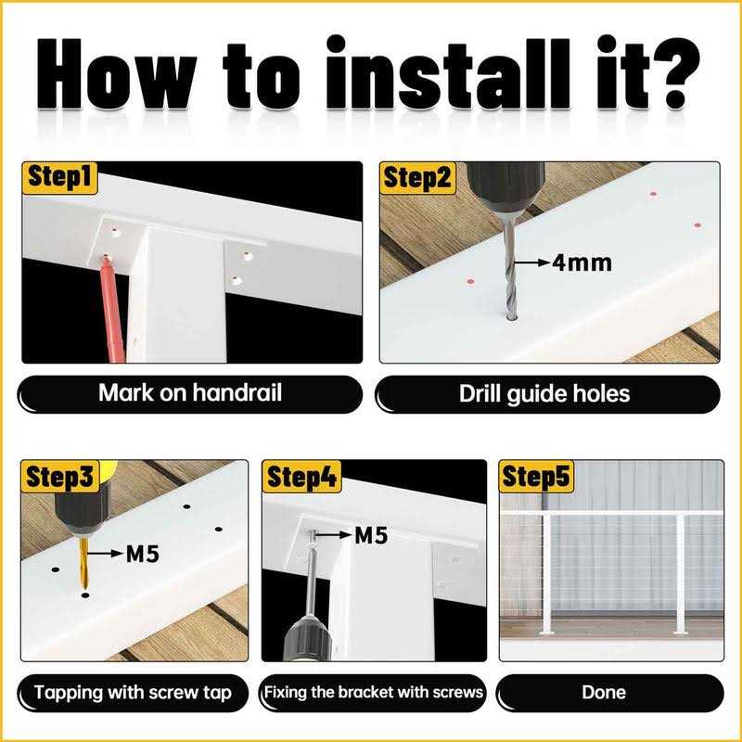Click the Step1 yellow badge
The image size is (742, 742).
[x=59, y=178]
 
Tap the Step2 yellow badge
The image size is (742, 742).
[x=417, y=178]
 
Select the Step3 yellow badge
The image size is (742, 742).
[x=60, y=476]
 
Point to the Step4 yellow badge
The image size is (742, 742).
[x=301, y=476]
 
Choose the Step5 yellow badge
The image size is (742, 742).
[x=536, y=476]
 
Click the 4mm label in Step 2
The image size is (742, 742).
[x=582, y=262]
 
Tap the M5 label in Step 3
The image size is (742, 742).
[x=143, y=554]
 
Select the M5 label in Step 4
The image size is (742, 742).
[x=371, y=536]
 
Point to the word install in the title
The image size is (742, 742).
[x=449, y=72]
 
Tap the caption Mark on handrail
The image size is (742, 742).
[x=190, y=392]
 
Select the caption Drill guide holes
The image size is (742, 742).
[x=544, y=393]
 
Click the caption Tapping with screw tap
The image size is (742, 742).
[x=133, y=693]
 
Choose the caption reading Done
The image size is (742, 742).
[x=604, y=692]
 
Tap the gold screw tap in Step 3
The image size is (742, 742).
[x=83, y=563]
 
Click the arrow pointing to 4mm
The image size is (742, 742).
[x=532, y=262]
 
